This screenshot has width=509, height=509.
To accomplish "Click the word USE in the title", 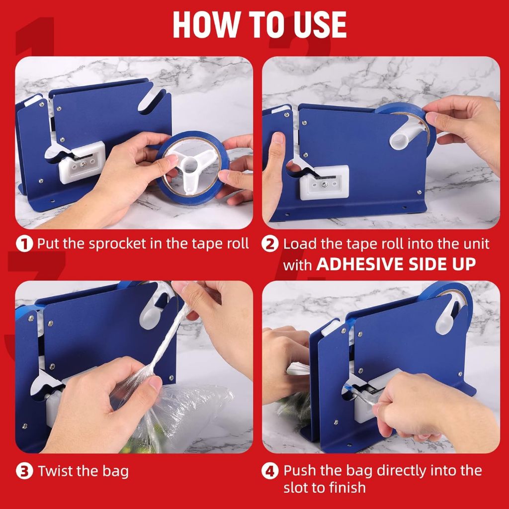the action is [320, 25].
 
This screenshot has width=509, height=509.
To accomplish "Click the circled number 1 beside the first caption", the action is [24, 244].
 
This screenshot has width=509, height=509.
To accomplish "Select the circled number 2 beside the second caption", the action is [270, 244].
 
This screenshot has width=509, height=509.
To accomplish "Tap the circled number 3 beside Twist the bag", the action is [24, 471].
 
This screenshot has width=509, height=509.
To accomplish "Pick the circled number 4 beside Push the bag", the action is [270, 471].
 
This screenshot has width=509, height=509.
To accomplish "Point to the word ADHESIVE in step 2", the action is [359, 264].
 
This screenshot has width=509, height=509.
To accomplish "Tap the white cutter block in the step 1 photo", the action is [82, 162].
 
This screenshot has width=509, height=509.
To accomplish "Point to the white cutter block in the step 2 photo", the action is [324, 183].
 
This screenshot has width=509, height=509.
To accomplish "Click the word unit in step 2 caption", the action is [476, 244].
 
